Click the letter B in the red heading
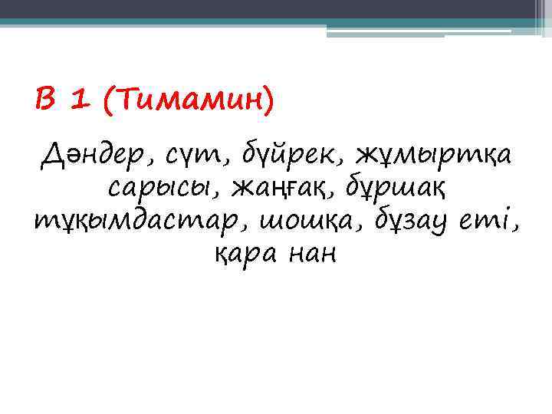coord(45,99)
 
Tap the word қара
coord(242,254)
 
